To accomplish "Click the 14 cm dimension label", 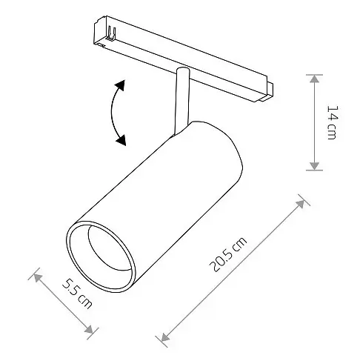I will (x=332, y=123).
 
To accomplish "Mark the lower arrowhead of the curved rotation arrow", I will (x=121, y=139).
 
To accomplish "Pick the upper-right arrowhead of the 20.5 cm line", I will (x=299, y=201).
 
